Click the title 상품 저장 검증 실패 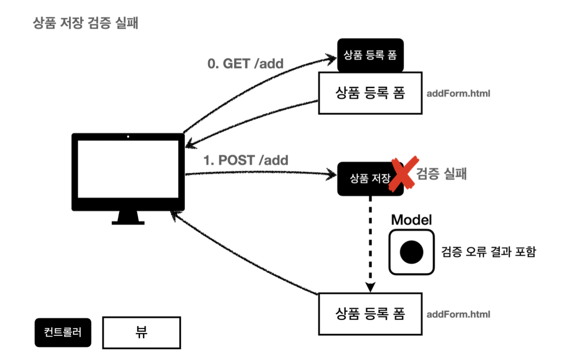(x=85, y=23)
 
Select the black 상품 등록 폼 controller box (x=370, y=55)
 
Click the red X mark (x=404, y=174)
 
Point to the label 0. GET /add (x=245, y=64)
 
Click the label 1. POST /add (x=246, y=160)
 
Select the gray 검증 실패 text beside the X (x=441, y=173)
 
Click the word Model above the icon (x=411, y=219)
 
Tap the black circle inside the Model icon (x=411, y=252)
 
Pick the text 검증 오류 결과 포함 (x=489, y=252)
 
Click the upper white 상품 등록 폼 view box (x=370, y=93)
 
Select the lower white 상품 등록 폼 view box (x=370, y=314)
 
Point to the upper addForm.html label (x=458, y=94)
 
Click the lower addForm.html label (x=458, y=314)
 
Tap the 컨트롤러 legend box (x=63, y=332)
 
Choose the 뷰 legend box (x=141, y=333)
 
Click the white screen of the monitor (x=128, y=169)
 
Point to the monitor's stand (x=128, y=218)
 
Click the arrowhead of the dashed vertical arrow (x=370, y=287)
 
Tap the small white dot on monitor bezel (x=128, y=137)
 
